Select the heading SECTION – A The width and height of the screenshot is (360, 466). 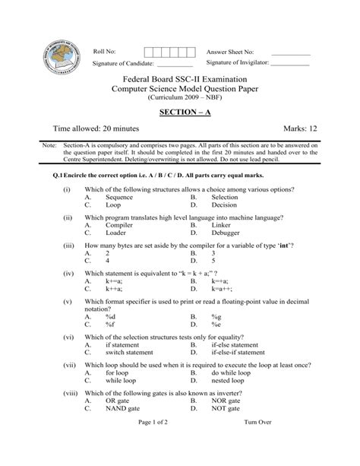(180, 112)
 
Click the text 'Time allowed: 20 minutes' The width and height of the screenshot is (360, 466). (94, 129)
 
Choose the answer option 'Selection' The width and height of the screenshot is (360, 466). (225, 197)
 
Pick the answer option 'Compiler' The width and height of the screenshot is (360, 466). (119, 226)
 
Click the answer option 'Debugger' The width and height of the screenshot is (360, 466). (227, 233)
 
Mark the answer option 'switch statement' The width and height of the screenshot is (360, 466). (133, 352)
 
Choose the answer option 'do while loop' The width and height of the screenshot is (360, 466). (232, 373)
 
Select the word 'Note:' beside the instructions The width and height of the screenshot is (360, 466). (49, 145)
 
